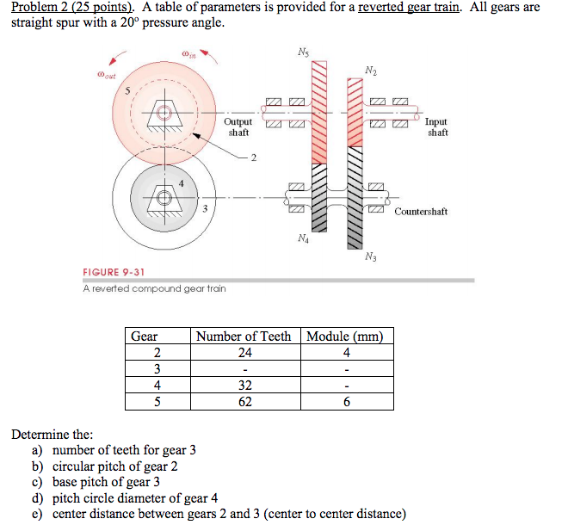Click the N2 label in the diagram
click(370, 70)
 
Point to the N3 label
click(370, 256)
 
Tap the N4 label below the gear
click(300, 238)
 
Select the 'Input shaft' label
click(435, 127)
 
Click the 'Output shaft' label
click(238, 127)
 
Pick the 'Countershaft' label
click(421, 211)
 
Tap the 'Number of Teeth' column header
click(244, 336)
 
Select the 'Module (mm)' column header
click(344, 336)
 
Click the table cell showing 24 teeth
click(244, 352)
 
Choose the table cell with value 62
click(244, 401)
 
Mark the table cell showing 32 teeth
click(244, 385)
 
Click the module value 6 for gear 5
click(344, 401)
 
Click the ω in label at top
click(188, 56)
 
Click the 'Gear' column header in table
click(145, 336)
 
